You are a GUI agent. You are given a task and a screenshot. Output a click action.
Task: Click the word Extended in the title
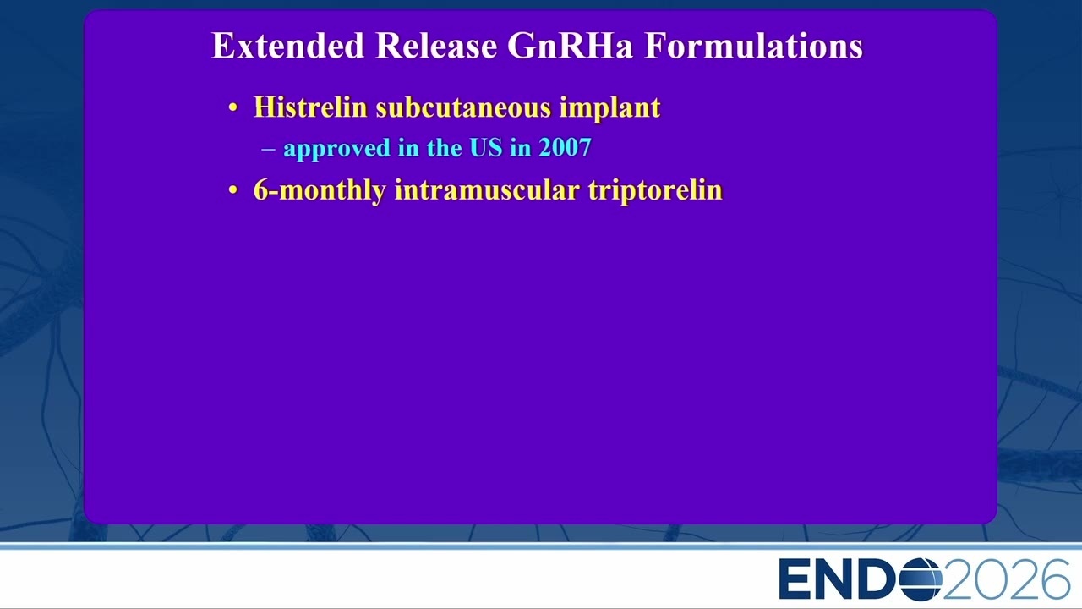pos(288,46)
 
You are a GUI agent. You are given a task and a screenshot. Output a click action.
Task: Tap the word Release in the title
pos(436,46)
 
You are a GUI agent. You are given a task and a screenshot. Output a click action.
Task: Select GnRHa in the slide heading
pos(570,46)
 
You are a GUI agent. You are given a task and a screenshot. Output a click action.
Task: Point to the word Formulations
pos(754,46)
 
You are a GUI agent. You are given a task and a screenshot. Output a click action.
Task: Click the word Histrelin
pos(310,107)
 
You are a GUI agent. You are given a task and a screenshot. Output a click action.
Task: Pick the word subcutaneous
pos(463,107)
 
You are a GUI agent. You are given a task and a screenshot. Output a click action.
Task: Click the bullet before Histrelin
pos(233,108)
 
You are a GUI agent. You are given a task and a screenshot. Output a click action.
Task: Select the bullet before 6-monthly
pos(233,190)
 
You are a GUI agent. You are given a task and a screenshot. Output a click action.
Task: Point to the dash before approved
pos(268,149)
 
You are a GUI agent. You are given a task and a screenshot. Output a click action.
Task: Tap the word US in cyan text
pos(486,147)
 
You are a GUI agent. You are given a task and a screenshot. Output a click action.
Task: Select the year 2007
pos(566,147)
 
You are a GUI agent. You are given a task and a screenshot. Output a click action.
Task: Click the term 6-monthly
pos(320,190)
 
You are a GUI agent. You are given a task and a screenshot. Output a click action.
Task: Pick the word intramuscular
pos(487,189)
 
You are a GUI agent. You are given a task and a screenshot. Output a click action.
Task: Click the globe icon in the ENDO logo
pos(921,579)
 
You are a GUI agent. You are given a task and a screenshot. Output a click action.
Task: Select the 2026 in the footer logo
pos(1006,579)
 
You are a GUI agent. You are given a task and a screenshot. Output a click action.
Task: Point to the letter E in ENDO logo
pos(795,579)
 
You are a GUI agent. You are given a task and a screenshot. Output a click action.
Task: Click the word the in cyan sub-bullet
pos(445,147)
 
